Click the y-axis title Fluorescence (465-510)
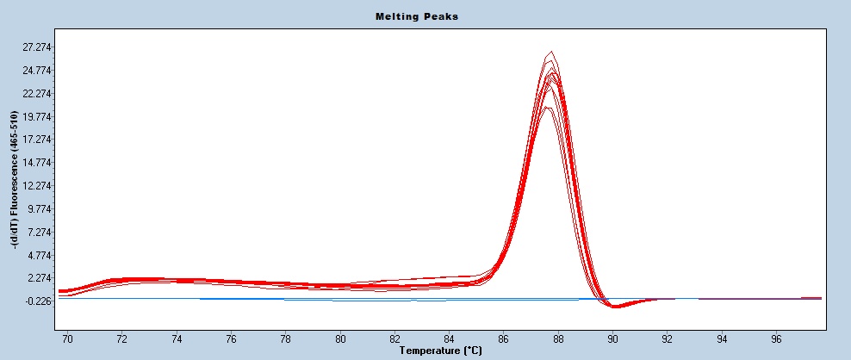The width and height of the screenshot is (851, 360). [x=15, y=180]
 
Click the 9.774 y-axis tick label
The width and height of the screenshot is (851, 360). [x=40, y=209]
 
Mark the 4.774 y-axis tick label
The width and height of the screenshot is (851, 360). [x=40, y=256]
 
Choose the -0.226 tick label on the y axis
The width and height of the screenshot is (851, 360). [x=40, y=301]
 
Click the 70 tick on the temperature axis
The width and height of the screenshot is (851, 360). [x=68, y=338]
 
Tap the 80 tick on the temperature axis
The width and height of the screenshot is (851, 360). [x=340, y=338]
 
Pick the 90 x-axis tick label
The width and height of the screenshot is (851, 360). [x=612, y=338]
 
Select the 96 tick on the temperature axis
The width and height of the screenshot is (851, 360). [x=776, y=338]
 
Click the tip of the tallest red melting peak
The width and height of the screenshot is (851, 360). [x=551, y=51]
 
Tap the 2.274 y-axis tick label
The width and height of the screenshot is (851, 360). [x=40, y=278]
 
